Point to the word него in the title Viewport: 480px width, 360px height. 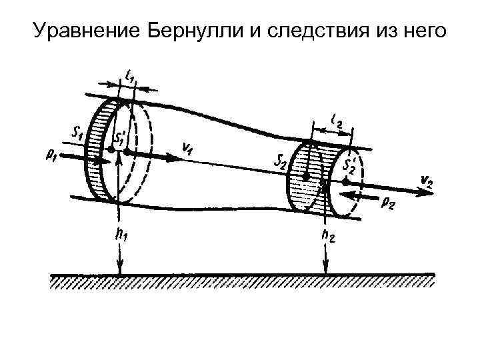click(423, 31)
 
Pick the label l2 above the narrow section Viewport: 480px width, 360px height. click(337, 121)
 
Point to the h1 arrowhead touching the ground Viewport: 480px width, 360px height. click(118, 270)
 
